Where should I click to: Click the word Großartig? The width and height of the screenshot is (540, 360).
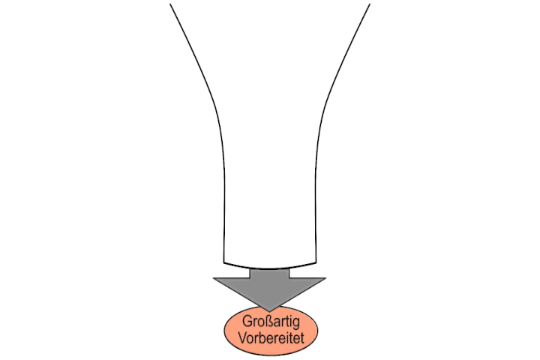271,322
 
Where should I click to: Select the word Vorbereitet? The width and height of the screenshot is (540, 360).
271,337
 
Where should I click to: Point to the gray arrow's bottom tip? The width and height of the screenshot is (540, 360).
270,312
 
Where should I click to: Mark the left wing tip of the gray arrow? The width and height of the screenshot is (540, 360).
214,277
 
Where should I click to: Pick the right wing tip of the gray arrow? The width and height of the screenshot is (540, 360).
325,277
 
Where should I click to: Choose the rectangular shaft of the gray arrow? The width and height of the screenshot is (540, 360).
270,273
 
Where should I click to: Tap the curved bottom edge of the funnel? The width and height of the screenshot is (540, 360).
270,268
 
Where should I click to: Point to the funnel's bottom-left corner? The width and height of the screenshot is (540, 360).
224,263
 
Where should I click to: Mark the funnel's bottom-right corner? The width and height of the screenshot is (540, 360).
316,263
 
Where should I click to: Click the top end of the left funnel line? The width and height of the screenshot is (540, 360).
170,4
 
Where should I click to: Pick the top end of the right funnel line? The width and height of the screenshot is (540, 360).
370,4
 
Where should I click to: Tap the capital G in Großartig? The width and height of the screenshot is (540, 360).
247,321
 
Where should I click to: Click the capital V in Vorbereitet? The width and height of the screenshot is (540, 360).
243,337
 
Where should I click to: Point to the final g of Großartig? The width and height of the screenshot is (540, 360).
296,323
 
